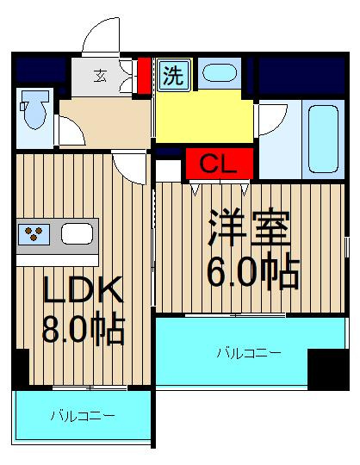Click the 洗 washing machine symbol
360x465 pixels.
(173, 75)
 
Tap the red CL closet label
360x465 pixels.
(220, 164)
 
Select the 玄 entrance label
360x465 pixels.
(100, 76)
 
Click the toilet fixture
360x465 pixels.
(34, 109)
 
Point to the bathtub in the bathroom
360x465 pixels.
(323, 139)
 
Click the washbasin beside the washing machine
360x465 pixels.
(220, 72)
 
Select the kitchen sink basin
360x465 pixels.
(77, 233)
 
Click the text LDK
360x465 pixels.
(83, 289)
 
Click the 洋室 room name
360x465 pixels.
(249, 227)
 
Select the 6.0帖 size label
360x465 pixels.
(253, 272)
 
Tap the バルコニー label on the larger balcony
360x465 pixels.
(249, 353)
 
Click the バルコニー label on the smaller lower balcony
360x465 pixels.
(83, 416)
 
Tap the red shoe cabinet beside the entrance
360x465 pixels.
(145, 76)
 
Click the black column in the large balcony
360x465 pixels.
(328, 369)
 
